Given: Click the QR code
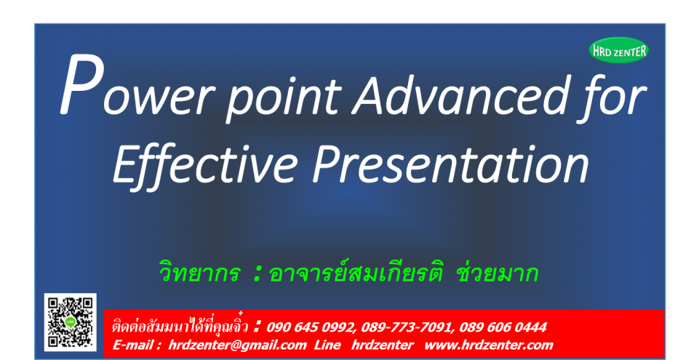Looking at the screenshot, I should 70,321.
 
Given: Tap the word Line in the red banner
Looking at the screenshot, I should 327,345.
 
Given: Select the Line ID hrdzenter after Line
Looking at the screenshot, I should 383,345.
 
